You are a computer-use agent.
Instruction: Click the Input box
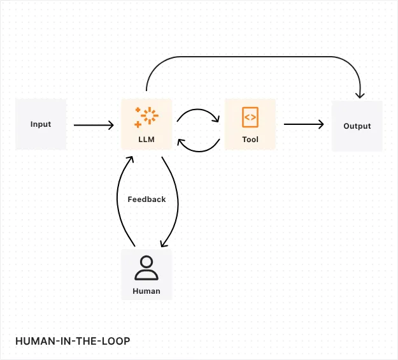(x=41, y=124)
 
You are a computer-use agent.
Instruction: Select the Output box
(x=357, y=126)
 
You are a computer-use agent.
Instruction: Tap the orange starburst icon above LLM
(x=146, y=117)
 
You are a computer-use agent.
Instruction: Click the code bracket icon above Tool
(x=250, y=117)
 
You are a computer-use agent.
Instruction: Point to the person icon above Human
(x=146, y=268)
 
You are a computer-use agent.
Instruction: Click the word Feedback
(x=146, y=199)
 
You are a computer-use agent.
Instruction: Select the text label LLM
(x=146, y=139)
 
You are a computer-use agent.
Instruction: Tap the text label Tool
(x=250, y=139)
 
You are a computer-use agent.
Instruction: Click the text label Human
(x=146, y=291)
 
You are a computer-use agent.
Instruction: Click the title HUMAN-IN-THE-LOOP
(x=72, y=342)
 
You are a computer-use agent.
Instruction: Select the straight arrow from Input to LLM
(x=93, y=125)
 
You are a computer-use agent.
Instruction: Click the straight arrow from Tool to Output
(x=303, y=125)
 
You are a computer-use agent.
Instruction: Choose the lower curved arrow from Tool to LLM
(x=198, y=150)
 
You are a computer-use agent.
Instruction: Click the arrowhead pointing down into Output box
(x=360, y=95)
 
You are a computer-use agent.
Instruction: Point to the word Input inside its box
(x=41, y=124)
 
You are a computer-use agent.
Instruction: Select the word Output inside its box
(x=357, y=126)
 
